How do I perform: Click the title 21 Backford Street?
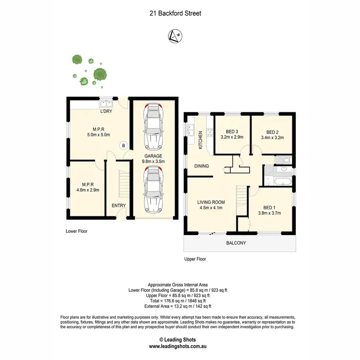(175, 13)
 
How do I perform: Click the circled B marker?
(123, 145)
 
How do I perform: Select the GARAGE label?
(154, 156)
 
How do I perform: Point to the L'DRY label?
(106, 111)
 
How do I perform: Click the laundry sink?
(106, 102)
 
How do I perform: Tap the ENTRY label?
(119, 205)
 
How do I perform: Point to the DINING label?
(201, 166)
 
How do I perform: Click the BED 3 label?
(232, 132)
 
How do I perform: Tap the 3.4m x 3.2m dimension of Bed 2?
(272, 138)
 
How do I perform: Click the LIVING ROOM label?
(211, 202)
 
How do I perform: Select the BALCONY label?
(236, 243)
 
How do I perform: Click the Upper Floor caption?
(195, 259)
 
